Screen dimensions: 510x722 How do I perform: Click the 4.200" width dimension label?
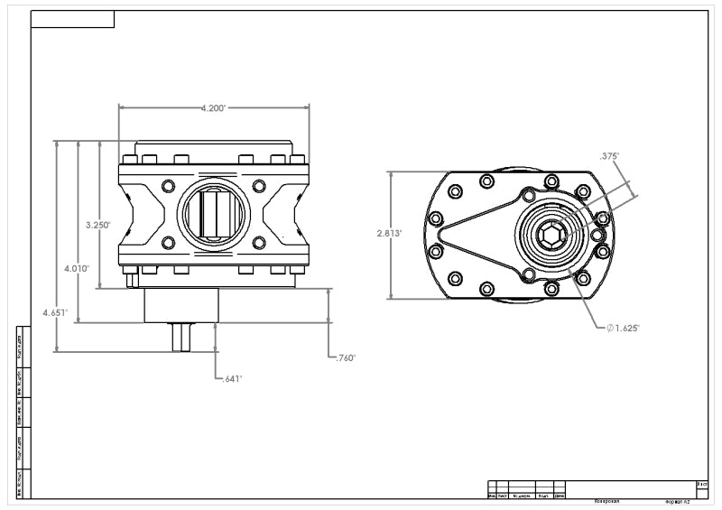pos(213,107)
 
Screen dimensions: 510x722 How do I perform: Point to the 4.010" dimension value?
pos(77,267)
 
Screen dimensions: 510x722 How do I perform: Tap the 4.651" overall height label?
pos(55,312)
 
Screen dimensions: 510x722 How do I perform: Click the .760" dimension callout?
pos(345,357)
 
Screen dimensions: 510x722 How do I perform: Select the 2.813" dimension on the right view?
pos(389,232)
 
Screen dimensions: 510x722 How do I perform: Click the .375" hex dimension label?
pos(609,156)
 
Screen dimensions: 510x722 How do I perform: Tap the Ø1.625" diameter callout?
pos(624,328)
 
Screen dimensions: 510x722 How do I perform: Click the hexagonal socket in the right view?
pos(551,236)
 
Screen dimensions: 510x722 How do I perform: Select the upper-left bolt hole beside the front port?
pos(167,186)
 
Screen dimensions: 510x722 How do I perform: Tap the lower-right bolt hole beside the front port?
pos(259,243)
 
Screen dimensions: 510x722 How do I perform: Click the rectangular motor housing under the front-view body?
pos(181,305)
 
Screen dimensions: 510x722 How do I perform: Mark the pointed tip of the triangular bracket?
pos(440,236)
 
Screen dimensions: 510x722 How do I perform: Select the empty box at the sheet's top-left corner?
pos(72,19)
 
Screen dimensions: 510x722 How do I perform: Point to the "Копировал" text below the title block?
pos(606,499)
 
